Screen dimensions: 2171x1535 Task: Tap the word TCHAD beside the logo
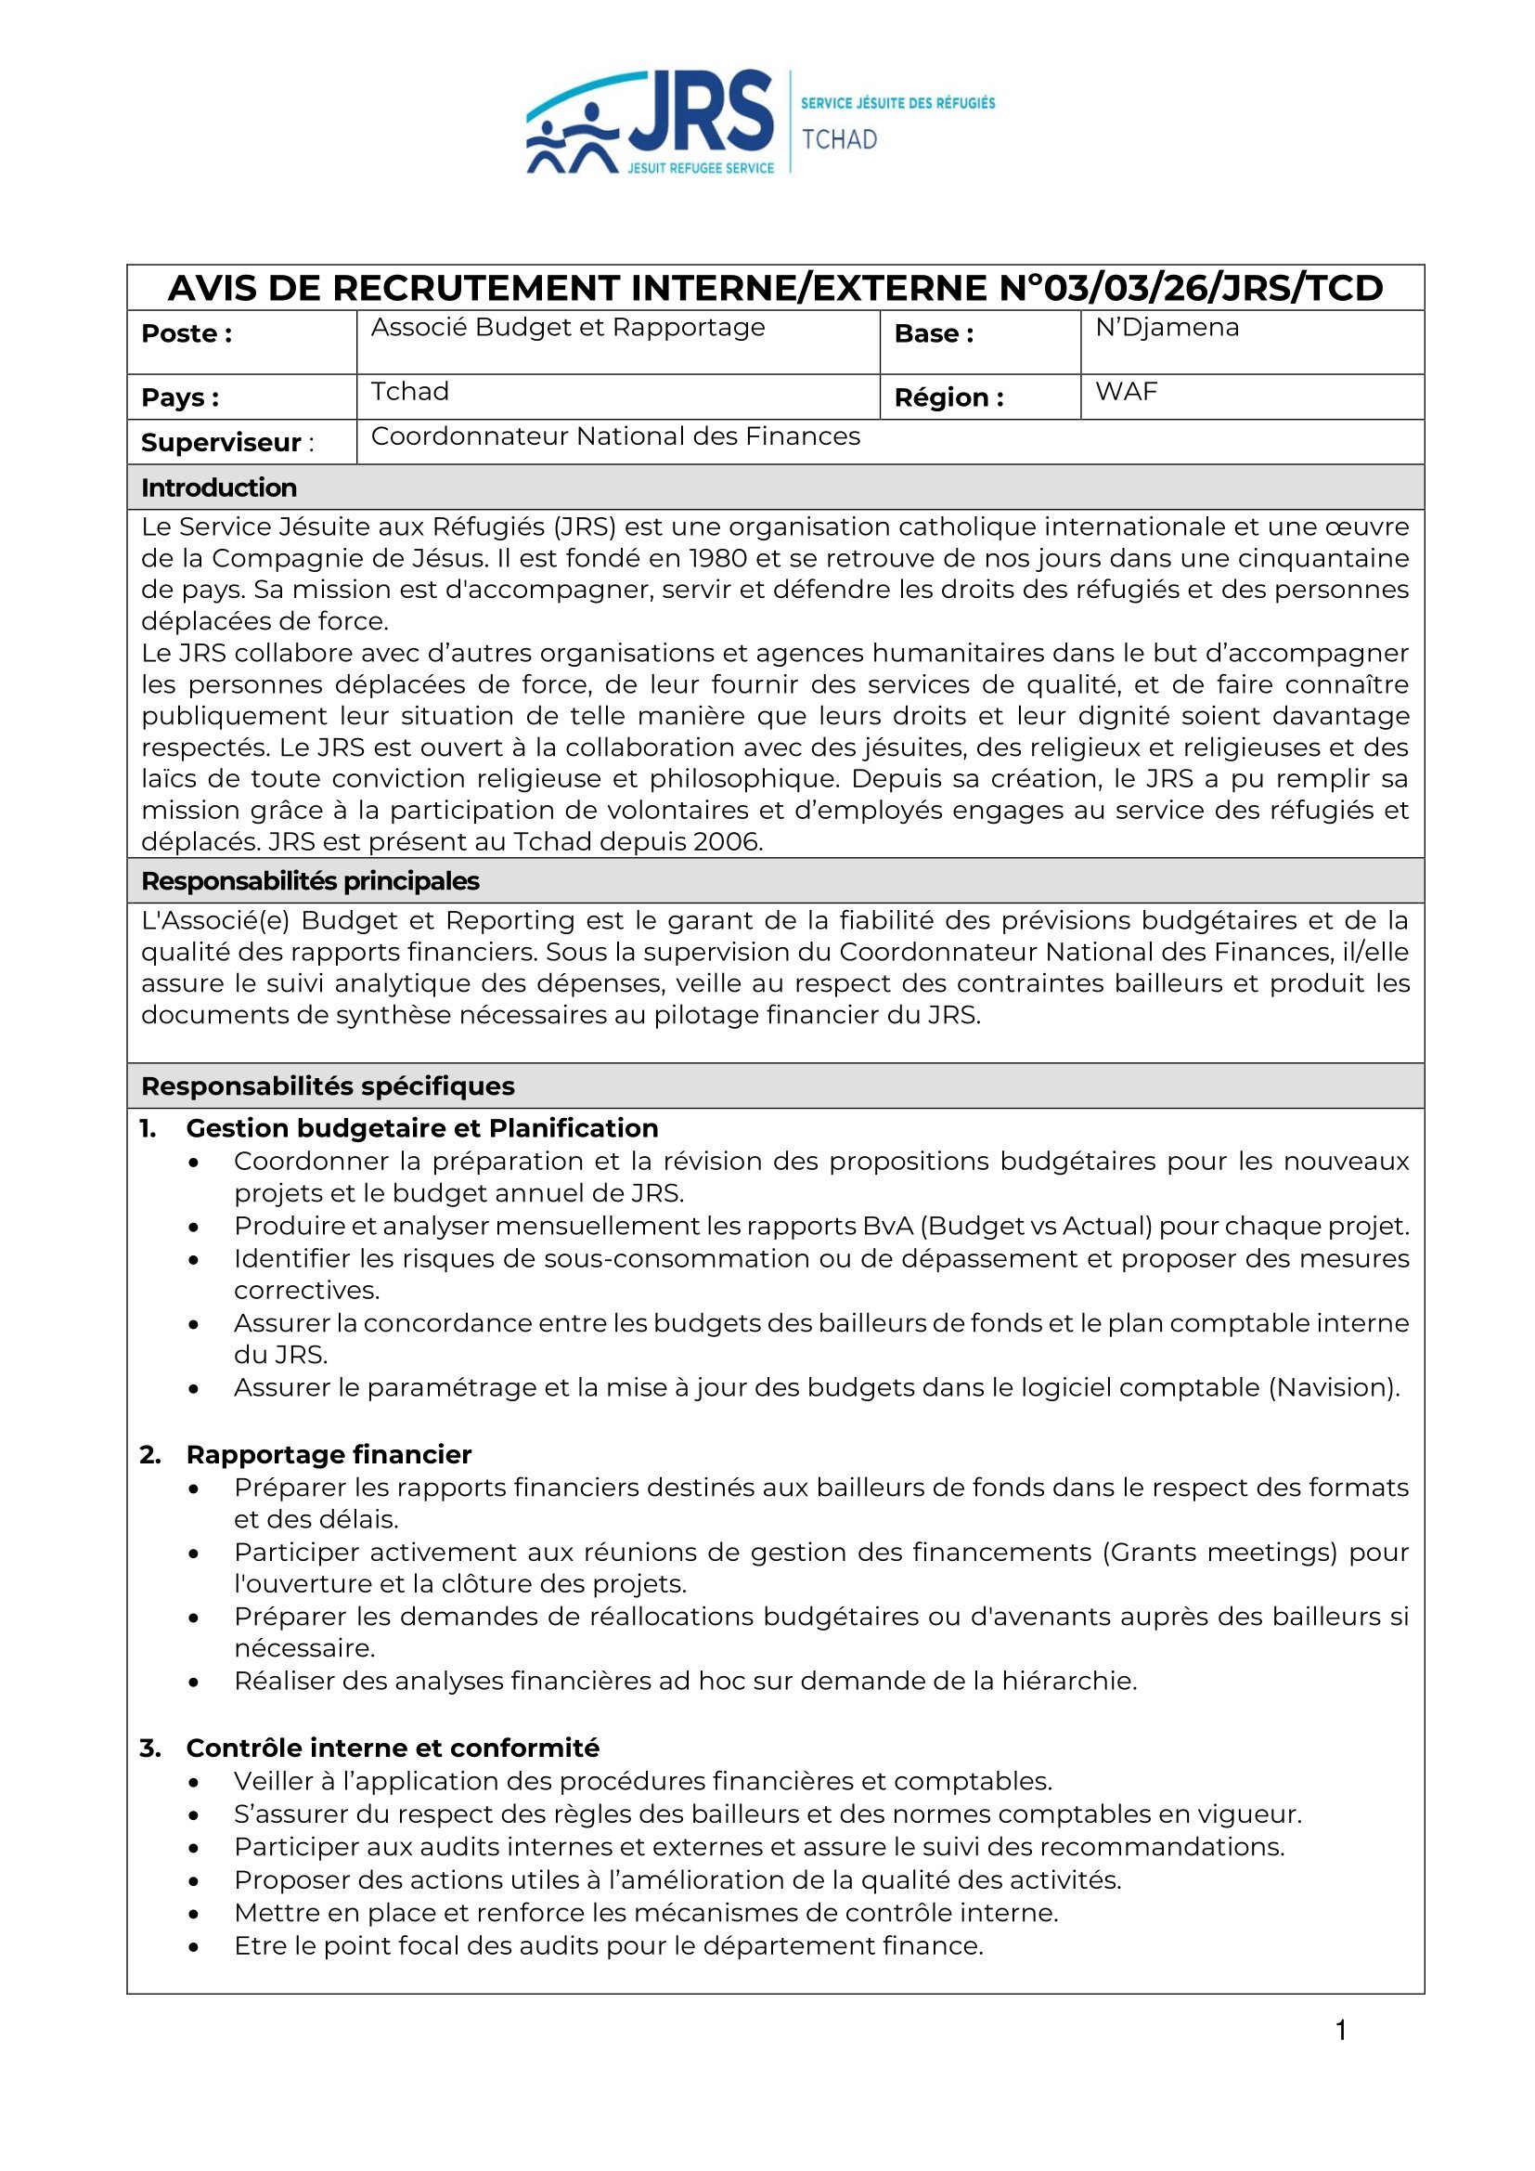[x=839, y=140]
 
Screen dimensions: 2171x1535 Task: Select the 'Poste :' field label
[x=187, y=333]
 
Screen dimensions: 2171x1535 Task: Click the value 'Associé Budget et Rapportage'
[x=567, y=327]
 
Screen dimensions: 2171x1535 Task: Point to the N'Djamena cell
[x=1167, y=327]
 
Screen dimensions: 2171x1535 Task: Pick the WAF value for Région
[x=1126, y=392]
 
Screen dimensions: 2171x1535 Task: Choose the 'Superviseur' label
[x=221, y=443]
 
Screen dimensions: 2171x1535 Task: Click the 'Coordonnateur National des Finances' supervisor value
[x=615, y=435]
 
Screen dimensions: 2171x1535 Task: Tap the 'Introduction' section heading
[x=218, y=487]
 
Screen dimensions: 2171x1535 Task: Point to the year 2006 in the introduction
[x=727, y=841]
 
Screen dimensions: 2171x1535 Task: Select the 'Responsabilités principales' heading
[x=310, y=881]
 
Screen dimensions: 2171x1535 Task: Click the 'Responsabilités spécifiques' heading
[x=327, y=1085]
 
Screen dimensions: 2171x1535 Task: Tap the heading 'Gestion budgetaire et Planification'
[x=421, y=1128]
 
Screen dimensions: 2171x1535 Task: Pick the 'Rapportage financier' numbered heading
[x=328, y=1454]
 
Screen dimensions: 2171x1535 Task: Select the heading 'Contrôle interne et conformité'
[x=393, y=1748]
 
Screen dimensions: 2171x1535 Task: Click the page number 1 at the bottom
[x=1340, y=2030]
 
